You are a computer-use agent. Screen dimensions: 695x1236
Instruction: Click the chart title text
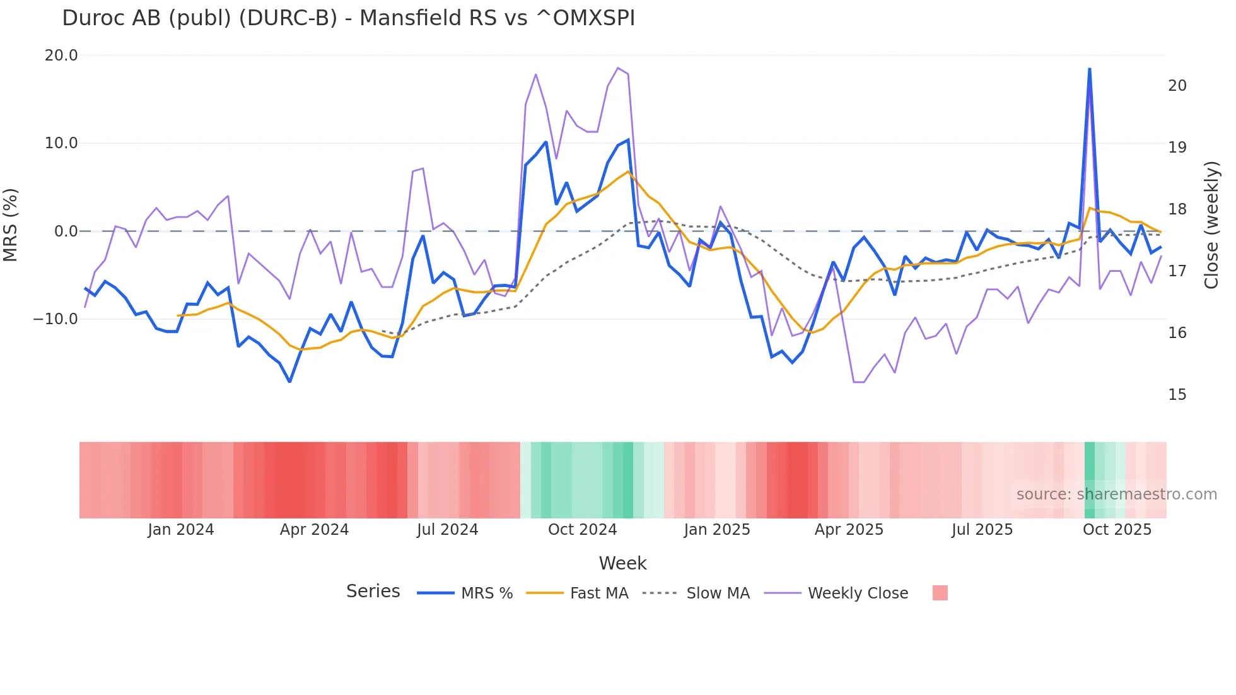click(x=348, y=18)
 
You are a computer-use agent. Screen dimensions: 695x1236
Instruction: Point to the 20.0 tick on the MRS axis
click(x=61, y=55)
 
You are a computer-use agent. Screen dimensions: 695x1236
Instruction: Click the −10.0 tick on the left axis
click(x=55, y=319)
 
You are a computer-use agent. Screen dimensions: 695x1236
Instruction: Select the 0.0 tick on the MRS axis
click(x=66, y=231)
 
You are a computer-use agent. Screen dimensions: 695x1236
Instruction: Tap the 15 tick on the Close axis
click(x=1177, y=395)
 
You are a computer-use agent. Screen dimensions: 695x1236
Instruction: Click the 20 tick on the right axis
click(x=1177, y=86)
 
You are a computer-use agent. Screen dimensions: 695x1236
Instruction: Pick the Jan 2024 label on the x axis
click(x=180, y=530)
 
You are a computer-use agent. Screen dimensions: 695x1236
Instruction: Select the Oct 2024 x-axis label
click(x=582, y=530)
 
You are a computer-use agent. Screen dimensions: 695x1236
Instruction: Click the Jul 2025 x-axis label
click(x=982, y=530)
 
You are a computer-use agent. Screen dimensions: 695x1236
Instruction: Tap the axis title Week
click(x=622, y=563)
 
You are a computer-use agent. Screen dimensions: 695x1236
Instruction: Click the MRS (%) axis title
click(x=11, y=225)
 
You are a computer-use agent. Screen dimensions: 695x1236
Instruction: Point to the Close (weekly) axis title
click(x=1211, y=225)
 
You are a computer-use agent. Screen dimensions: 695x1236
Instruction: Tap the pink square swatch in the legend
click(x=940, y=593)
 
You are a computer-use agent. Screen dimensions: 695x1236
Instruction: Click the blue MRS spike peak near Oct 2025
click(x=1089, y=69)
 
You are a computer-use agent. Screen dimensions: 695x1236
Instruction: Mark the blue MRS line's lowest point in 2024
click(x=289, y=382)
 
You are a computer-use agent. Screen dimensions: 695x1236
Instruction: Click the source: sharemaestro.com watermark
click(x=1116, y=494)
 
